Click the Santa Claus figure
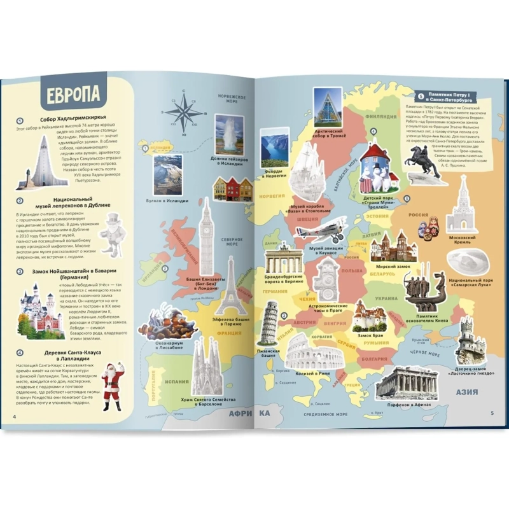click(x=113, y=384)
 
